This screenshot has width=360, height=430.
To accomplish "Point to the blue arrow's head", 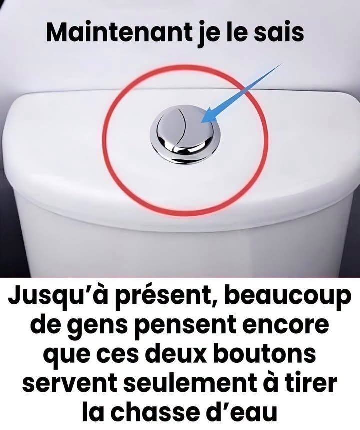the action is (x=209, y=115).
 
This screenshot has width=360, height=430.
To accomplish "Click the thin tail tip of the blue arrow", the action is (x=282, y=64).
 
